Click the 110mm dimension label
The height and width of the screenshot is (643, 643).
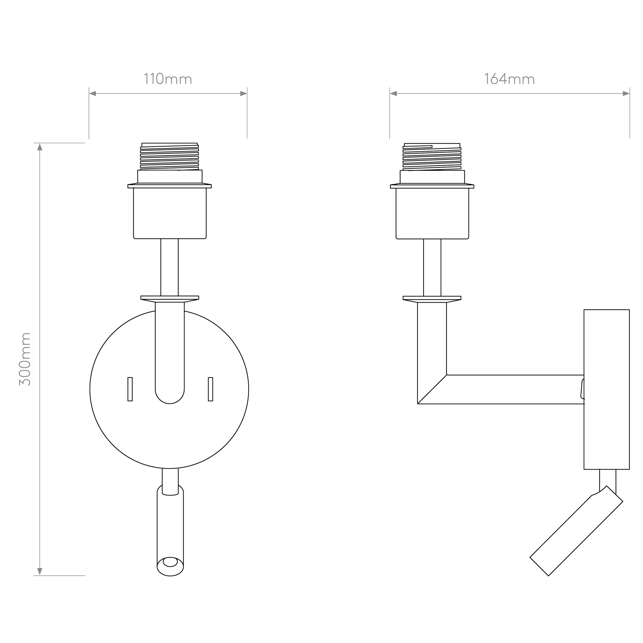click(x=168, y=79)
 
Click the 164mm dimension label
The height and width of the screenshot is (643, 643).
click(x=509, y=79)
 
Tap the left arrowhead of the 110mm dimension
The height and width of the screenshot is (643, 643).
click(x=93, y=94)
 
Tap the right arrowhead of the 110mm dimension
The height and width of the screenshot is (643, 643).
click(x=244, y=94)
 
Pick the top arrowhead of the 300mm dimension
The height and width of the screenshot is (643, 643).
click(x=40, y=147)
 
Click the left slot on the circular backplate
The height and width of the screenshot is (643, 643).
click(x=130, y=389)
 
